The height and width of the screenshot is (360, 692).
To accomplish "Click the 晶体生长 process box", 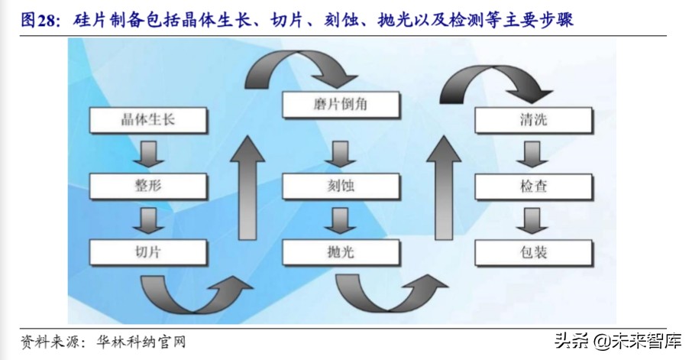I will coord(148,119).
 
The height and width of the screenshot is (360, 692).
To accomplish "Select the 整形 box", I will coord(148,186).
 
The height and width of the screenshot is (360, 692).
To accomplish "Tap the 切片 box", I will coord(148,251).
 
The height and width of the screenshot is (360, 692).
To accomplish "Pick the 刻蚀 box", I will coord(341,186).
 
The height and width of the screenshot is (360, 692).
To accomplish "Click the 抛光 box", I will coord(341,251).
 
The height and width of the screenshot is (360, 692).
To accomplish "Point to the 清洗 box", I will coord(533,120).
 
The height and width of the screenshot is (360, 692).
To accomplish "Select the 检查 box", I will coord(533,186).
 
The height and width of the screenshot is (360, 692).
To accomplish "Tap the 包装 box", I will coord(533,251).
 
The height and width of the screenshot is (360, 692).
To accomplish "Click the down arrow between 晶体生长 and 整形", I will coord(147,153).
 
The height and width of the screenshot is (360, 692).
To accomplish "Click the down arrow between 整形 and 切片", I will coord(147,219).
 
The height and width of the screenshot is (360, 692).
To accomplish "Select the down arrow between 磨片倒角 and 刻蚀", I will coord(340,153).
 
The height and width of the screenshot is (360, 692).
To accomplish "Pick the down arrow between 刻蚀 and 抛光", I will coord(340,219).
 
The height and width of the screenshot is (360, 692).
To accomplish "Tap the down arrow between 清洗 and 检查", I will coord(532,153).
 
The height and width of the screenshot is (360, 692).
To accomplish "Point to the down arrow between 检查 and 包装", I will coord(532,219).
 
